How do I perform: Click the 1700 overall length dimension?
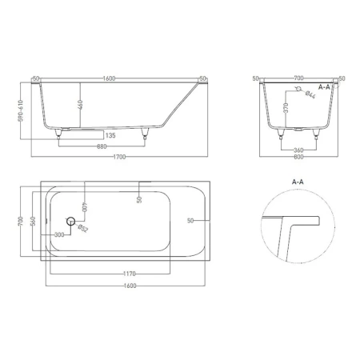119,157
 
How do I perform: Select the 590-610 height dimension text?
21,110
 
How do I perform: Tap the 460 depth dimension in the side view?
81,105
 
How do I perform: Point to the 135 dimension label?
110,135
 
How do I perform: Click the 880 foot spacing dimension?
102,146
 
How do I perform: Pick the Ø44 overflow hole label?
310,94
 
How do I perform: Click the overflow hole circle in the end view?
298,89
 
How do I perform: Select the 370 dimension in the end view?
286,108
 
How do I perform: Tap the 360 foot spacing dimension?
298,150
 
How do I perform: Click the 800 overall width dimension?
298,157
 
